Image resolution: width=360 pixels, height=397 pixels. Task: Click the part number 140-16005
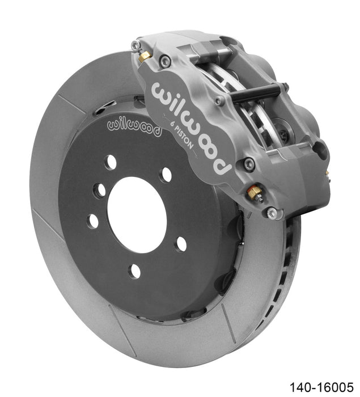[x=320, y=386]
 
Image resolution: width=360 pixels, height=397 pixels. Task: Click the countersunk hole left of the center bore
[x=100, y=191]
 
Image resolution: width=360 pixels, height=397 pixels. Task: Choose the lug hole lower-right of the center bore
[x=181, y=244]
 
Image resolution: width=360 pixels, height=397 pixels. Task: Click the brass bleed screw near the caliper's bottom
[x=255, y=193]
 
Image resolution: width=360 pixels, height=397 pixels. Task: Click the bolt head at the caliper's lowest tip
[x=273, y=213]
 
